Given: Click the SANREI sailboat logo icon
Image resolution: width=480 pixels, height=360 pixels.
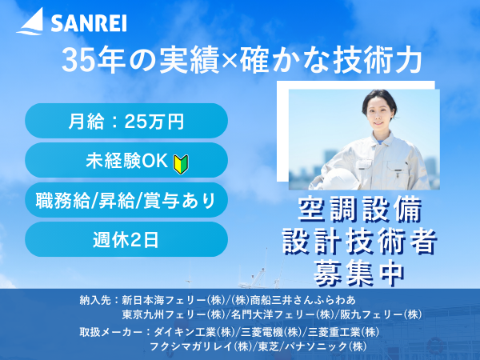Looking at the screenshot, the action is tap(30, 22).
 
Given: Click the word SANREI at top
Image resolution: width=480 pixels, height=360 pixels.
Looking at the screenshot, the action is tap(89, 23).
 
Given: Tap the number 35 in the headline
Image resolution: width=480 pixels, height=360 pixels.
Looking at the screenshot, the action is tap(77, 60).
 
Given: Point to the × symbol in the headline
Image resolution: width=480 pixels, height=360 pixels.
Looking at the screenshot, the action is tap(229, 61).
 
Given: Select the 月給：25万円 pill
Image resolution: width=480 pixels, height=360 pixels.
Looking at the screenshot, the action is tap(126, 121).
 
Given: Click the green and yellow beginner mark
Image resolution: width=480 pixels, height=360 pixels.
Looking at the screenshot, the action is tap(181, 164).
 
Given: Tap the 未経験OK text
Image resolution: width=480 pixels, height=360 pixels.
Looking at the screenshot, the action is tap(126, 160).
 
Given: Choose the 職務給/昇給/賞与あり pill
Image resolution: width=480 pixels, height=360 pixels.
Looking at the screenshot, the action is tap(126, 200).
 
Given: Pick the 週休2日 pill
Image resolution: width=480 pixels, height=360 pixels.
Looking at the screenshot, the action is tap(126, 239).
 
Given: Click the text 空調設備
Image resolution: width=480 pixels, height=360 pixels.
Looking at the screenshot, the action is tap(360, 210).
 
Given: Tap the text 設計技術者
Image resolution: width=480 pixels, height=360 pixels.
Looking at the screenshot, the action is tap(360, 242).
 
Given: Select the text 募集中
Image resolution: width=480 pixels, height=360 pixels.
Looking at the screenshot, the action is tap(359, 273).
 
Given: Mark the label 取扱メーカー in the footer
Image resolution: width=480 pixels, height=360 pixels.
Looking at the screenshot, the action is tap(111, 332).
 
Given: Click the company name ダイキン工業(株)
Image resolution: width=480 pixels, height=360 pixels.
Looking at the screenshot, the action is tap(194, 332).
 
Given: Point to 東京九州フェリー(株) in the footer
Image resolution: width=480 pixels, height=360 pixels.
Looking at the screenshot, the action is tap(174, 314).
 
